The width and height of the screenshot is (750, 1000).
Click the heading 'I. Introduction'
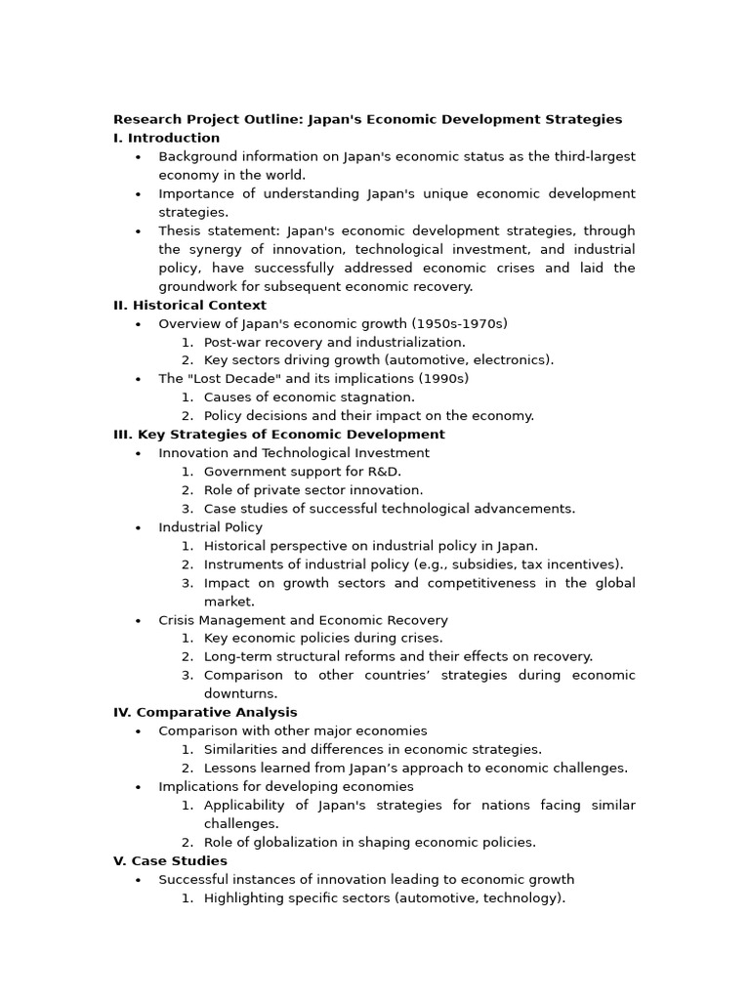coord(166,138)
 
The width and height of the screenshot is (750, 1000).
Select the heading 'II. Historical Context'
coord(189,305)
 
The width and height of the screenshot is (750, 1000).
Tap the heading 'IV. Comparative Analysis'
coord(205,712)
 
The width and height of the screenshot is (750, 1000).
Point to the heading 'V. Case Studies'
coord(170,860)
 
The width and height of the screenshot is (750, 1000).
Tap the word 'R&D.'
coord(383,472)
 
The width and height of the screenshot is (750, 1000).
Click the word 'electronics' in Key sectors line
coord(514,360)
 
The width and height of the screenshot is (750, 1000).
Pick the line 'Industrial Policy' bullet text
coord(210,527)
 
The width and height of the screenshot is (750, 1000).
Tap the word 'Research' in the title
coord(146,119)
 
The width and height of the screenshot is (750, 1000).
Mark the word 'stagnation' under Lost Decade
coord(379,397)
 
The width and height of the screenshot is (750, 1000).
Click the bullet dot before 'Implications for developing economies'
coord(138,787)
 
